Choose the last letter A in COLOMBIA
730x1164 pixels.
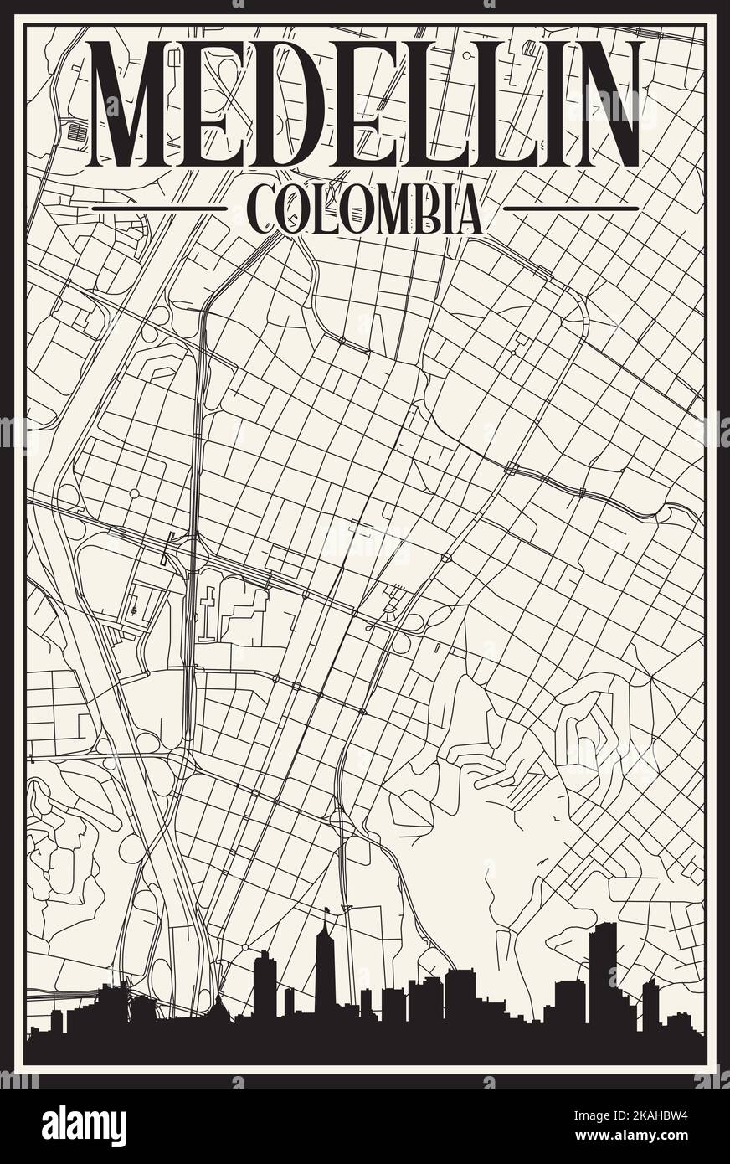[x=470, y=209]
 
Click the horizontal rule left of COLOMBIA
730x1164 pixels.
[x=158, y=208]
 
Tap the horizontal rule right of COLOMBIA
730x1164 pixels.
[x=572, y=208]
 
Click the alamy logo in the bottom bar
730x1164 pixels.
[x=84, y=1126]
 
